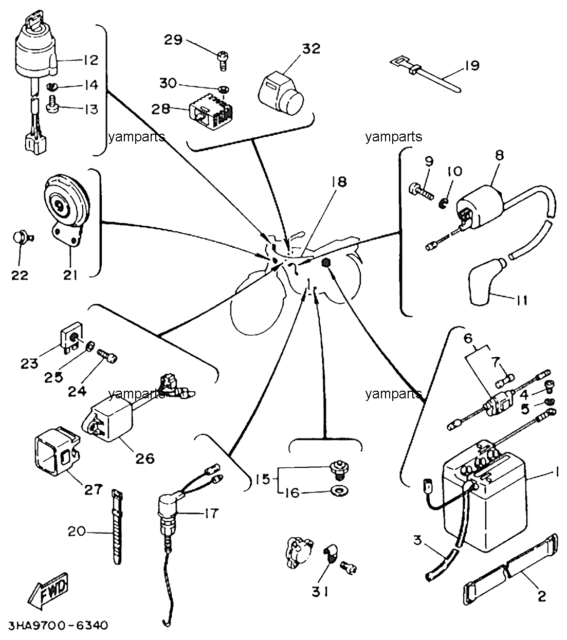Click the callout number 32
tap(311, 49)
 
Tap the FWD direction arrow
tap(49, 590)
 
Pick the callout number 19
tap(472, 65)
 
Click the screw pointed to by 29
tap(223, 61)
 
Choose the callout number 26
tap(145, 458)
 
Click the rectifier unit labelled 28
tap(211, 112)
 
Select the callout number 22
tap(20, 275)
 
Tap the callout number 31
tap(320, 591)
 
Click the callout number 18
tap(339, 182)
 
